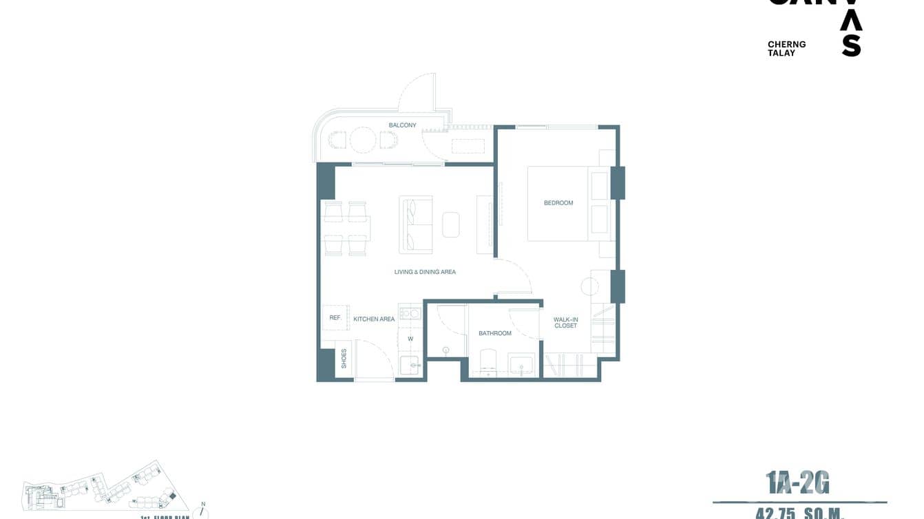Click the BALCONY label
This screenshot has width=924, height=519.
tap(402, 125)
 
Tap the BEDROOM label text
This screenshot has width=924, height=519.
tap(558, 203)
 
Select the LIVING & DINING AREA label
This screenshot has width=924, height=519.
tap(425, 272)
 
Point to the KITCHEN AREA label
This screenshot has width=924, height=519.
tap(374, 319)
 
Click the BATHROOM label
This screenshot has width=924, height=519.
tap(495, 333)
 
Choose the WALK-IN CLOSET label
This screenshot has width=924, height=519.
tap(565, 322)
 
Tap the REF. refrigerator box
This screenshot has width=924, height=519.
tap(336, 317)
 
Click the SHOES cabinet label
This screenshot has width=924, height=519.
tap(344, 359)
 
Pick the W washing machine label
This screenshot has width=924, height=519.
tap(410, 339)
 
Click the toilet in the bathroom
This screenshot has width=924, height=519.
tap(487, 361)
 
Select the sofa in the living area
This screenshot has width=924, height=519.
tap(415, 224)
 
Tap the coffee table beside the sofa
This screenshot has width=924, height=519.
tap(451, 224)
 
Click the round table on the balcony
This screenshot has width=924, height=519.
tap(363, 140)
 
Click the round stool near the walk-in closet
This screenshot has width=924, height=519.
tap(590, 287)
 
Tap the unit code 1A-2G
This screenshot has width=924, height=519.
tap(797, 484)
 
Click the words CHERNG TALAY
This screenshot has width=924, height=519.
tap(786, 48)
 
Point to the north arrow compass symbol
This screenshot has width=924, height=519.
tap(203, 511)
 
